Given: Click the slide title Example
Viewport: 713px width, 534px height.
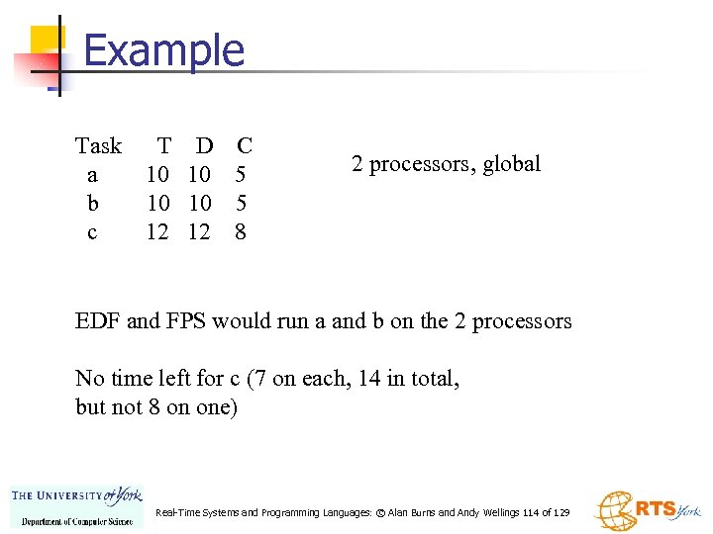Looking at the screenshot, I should (164, 50).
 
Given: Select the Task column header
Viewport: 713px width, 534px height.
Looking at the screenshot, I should (98, 146).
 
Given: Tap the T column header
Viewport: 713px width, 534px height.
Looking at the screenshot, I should (163, 146).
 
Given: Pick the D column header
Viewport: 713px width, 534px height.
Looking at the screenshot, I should (204, 146).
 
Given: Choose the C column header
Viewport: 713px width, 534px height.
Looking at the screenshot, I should (245, 146).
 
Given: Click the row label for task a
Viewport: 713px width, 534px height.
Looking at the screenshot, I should (92, 176).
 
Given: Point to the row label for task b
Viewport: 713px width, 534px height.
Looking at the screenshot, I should (92, 204).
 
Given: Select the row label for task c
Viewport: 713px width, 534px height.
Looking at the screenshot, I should (92, 233).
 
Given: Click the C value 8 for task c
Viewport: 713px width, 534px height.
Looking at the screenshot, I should (240, 232).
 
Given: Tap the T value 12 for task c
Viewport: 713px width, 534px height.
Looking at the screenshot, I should (157, 232).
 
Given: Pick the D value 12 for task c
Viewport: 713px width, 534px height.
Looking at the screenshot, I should (199, 232).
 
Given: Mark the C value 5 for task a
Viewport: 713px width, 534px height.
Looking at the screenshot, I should (239, 175).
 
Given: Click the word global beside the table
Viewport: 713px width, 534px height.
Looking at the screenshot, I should (512, 164).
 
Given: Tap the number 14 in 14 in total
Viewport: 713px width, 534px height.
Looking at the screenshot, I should (366, 379).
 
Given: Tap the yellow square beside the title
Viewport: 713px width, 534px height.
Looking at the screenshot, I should (47, 41).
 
